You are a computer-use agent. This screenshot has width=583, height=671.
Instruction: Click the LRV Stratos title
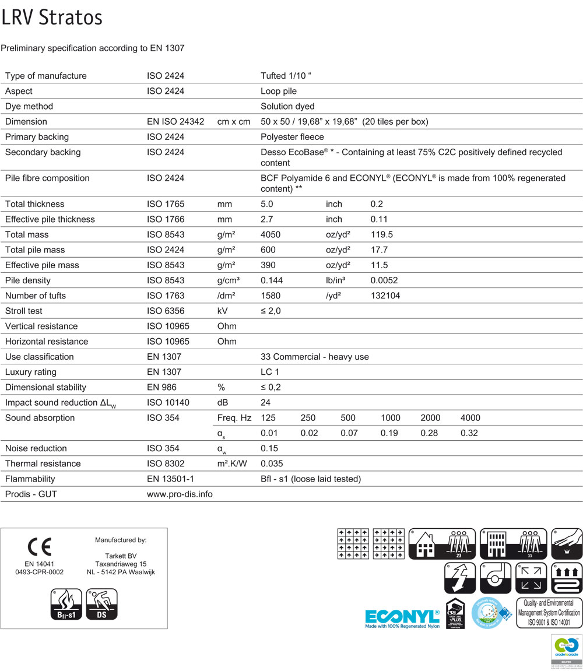click(52, 17)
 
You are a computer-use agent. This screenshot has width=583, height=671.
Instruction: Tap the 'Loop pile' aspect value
click(279, 91)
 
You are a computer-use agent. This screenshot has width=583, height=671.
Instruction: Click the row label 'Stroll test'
click(24, 311)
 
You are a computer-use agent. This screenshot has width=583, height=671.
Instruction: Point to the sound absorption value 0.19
click(390, 433)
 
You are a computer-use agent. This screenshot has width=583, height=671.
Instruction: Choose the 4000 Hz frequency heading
click(470, 418)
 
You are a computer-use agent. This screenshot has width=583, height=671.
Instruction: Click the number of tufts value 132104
click(385, 296)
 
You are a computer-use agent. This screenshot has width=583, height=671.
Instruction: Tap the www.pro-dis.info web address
click(180, 494)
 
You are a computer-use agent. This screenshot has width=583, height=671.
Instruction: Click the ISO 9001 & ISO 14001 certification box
click(549, 612)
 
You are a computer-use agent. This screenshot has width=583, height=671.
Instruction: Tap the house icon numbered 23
click(442, 544)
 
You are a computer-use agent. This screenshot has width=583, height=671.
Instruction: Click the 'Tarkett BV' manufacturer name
click(120, 556)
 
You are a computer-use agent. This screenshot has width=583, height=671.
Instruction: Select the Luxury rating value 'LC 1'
click(271, 372)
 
